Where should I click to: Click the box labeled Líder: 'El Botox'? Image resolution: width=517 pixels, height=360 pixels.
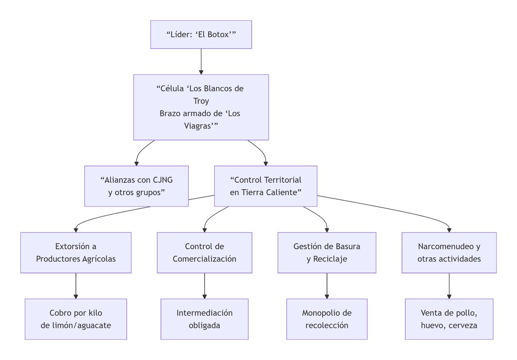tap(201, 34)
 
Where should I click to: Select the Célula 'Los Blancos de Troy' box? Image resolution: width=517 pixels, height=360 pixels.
tap(201, 107)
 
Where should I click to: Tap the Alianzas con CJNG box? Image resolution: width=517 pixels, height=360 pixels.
tap(137, 186)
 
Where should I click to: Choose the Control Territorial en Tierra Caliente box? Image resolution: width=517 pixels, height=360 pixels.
tap(266, 186)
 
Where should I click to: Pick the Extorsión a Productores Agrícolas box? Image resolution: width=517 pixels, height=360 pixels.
tap(76, 253)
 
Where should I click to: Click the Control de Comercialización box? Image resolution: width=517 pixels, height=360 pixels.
tap(205, 253)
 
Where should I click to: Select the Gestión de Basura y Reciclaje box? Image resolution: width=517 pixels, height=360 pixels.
tap(327, 253)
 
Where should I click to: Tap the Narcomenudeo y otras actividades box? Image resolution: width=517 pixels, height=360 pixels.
tap(449, 253)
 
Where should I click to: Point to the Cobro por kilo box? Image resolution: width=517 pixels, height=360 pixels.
tap(76, 319)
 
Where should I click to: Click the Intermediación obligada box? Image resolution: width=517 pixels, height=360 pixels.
tap(205, 319)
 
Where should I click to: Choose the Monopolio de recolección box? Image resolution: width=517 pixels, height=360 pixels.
tap(327, 319)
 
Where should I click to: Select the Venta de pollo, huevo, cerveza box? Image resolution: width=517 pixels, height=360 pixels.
tap(449, 319)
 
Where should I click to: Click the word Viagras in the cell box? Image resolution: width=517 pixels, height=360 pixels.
tap(198, 126)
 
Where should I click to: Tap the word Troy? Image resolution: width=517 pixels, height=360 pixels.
tap(201, 101)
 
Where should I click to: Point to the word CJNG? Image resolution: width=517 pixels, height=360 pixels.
tap(162, 180)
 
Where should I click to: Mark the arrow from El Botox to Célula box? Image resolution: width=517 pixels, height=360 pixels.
tap(201, 62)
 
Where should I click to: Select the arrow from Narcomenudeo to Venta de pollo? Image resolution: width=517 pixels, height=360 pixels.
tap(449, 286)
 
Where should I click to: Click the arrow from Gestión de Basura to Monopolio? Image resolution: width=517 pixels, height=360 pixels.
tap(327, 286)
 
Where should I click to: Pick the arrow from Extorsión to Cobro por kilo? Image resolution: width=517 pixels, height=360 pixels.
tap(76, 286)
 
